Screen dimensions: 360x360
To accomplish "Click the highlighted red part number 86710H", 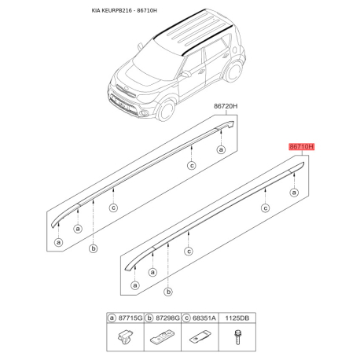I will (x=300, y=146).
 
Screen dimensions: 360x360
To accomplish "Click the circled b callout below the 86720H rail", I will (x=93, y=249).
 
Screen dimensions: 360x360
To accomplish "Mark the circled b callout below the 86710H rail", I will (x=162, y=294).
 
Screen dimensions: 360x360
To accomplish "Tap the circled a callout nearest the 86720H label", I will (x=222, y=149).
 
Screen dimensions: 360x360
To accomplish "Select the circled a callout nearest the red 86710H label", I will (x=294, y=193).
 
